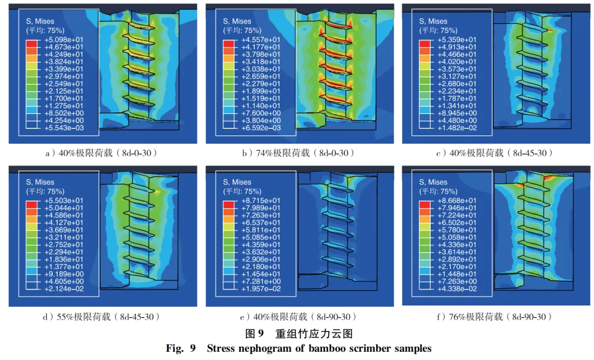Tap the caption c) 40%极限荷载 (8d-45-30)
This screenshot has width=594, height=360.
click(495, 153)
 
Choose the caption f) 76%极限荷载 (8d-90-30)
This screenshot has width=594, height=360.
click(495, 317)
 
